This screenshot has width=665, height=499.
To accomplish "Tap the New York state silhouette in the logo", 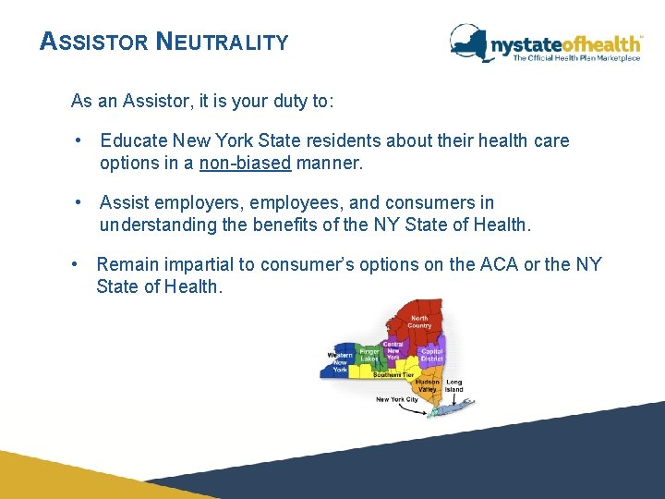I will click(x=469, y=42).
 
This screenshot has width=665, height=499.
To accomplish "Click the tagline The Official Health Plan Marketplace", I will click(x=576, y=58).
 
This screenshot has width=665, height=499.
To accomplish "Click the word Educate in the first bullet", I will click(x=132, y=140).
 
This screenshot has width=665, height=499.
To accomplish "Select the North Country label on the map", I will click(x=419, y=322).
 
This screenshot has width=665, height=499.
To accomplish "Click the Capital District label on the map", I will click(x=431, y=355).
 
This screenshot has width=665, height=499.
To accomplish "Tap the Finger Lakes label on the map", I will click(x=369, y=355).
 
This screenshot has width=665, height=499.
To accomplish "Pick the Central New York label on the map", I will click(x=393, y=351).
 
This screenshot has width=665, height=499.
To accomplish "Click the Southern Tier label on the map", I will click(x=393, y=375).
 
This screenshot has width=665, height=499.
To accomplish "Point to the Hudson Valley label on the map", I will click(x=427, y=385).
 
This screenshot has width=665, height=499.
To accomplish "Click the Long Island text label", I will click(x=454, y=385).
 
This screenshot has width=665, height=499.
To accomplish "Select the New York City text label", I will click(x=397, y=400).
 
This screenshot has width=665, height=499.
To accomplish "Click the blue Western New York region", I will click(x=334, y=362).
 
